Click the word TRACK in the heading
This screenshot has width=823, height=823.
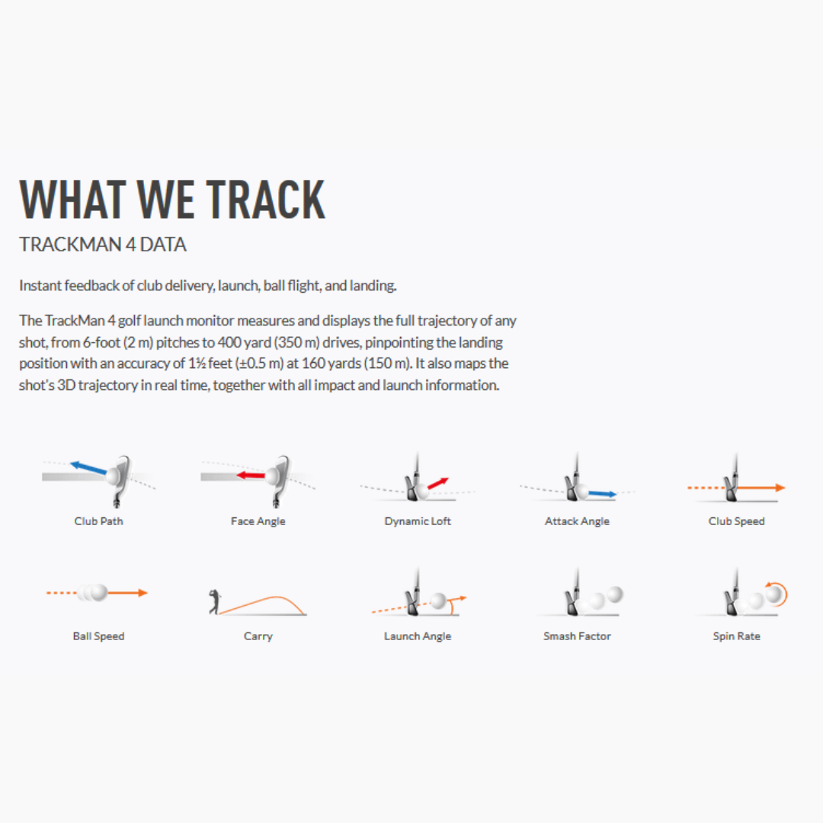[266, 200]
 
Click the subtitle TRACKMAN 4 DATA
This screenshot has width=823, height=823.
[103, 245]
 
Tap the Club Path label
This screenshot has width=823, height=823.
[98, 521]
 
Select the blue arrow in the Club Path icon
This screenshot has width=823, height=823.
[88, 468]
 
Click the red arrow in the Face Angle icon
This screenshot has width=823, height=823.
[251, 476]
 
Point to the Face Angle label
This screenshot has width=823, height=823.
[258, 521]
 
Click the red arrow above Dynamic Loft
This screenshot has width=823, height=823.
[437, 483]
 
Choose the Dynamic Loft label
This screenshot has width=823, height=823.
[418, 521]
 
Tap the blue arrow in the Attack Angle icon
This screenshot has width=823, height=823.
[602, 494]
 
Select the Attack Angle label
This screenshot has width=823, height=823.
[577, 521]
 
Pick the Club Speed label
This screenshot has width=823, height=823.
[736, 521]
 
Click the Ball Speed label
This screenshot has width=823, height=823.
[98, 636]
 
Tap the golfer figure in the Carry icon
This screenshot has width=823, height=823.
[213, 601]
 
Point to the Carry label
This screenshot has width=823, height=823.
[258, 636]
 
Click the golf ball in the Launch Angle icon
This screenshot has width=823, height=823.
[438, 601]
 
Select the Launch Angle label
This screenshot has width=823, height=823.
[418, 636]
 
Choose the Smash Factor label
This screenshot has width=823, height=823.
[577, 636]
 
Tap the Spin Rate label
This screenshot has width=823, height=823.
[736, 636]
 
